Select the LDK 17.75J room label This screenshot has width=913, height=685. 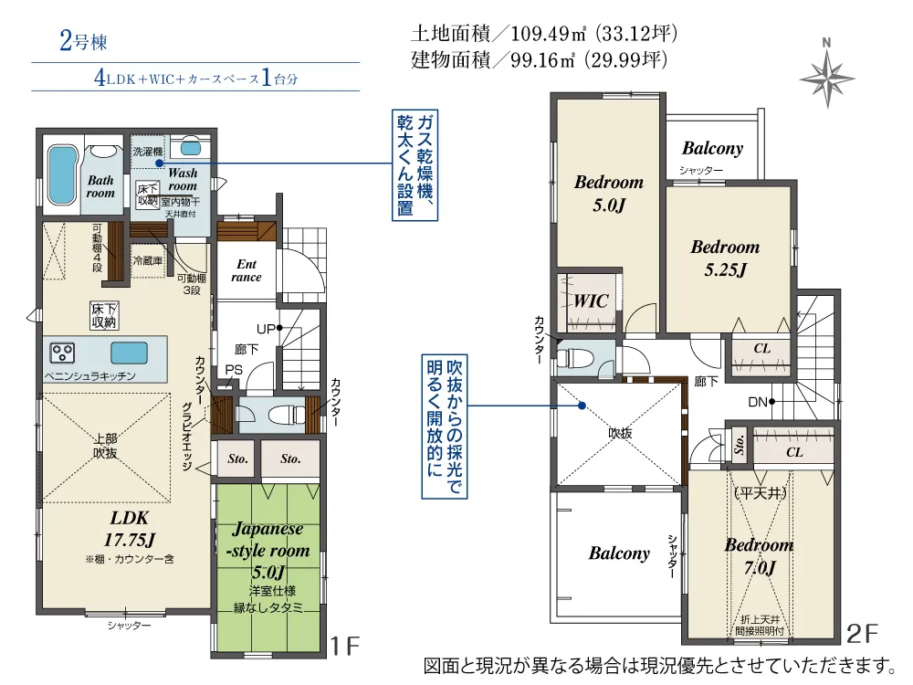130,529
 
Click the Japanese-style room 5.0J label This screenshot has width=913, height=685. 268,550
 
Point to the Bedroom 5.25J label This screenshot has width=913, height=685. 725,258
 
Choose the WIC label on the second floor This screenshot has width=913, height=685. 591,301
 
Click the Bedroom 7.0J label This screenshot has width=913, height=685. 760,555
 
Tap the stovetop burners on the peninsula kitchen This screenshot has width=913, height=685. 62,353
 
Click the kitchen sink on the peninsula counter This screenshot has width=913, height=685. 129,353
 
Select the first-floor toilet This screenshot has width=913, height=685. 283,415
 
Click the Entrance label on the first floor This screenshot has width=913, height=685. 247,271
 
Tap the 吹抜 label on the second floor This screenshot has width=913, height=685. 620,433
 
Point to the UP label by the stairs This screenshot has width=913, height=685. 266,329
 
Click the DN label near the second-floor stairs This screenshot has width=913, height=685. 758,402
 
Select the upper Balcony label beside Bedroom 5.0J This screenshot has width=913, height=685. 713,149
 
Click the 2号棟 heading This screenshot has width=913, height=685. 83,42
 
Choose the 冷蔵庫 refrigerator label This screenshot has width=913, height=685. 147,260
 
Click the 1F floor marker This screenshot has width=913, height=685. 345,646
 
